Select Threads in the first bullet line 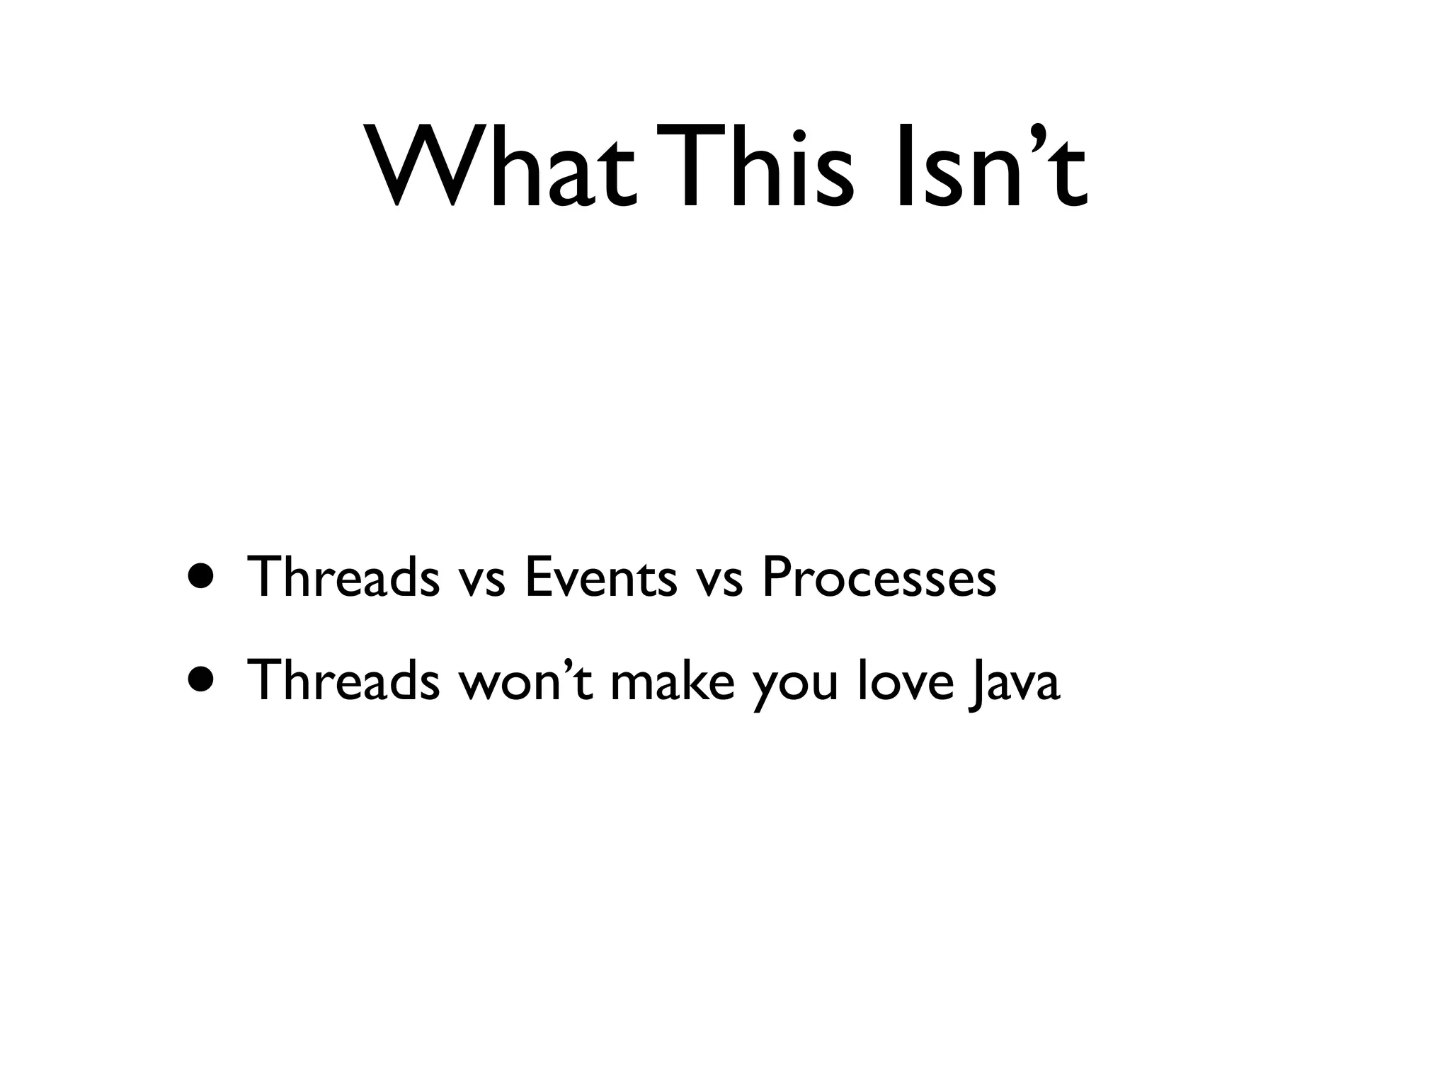pos(343,576)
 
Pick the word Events pos(600,576)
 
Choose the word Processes pos(879,576)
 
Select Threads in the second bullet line pos(343,680)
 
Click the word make pos(671,680)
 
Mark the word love pos(906,680)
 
